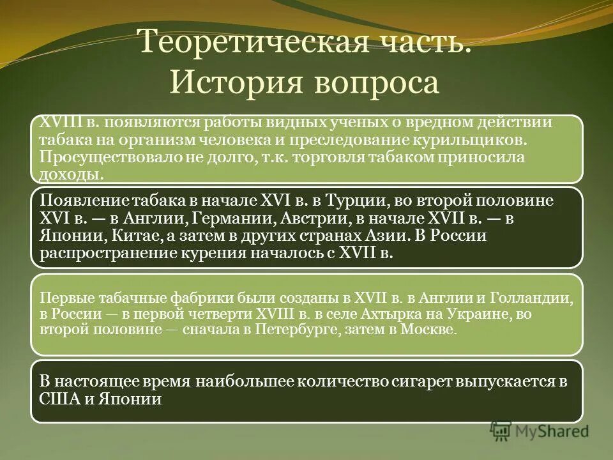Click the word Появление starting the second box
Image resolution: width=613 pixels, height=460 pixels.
click(76, 201)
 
